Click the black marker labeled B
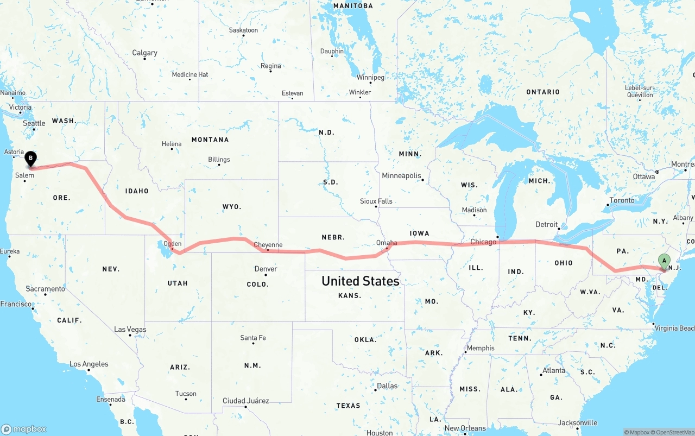click(x=31, y=159)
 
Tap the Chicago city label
click(x=483, y=242)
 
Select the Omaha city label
click(x=387, y=243)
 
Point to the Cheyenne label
click(x=268, y=245)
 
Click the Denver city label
click(x=266, y=269)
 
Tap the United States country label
click(x=361, y=281)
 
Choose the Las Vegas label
click(x=130, y=330)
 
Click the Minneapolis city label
click(x=401, y=176)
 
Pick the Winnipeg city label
click(x=370, y=78)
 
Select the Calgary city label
click(x=144, y=53)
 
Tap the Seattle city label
click(x=34, y=124)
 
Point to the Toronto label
click(x=622, y=200)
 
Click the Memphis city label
click(x=481, y=348)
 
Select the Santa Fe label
click(x=253, y=338)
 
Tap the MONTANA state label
click(x=210, y=140)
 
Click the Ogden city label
click(x=172, y=244)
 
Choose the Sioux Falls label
click(x=376, y=201)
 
